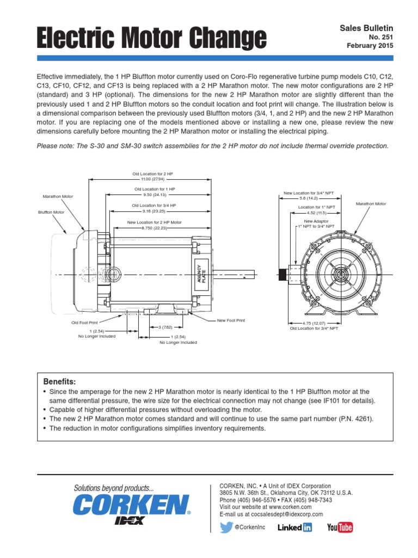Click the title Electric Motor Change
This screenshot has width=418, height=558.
point(151,38)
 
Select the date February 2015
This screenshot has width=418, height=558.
point(370,46)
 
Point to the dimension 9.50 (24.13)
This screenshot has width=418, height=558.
point(155,195)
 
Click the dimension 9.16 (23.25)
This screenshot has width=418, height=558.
point(154,211)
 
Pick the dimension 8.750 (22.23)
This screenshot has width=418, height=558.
point(154,228)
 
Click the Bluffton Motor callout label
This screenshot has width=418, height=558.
point(51,213)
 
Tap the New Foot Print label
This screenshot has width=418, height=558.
point(231,320)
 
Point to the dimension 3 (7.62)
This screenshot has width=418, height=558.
point(165,327)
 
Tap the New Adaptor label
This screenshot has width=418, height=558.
point(316,221)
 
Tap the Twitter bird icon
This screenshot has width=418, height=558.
point(227,527)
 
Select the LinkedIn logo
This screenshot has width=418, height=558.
point(295,527)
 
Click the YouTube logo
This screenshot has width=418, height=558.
point(340,527)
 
